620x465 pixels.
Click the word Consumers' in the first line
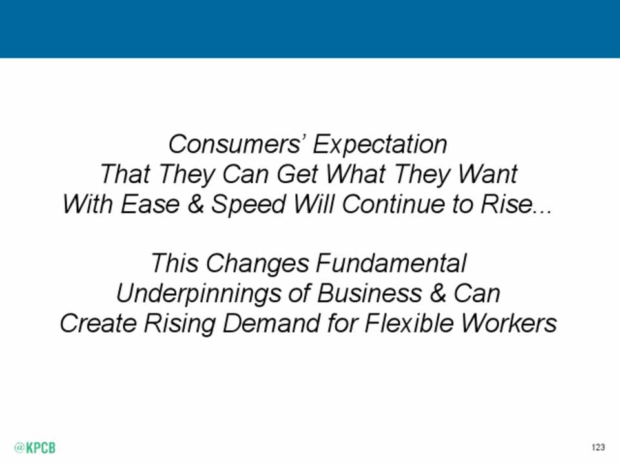(x=236, y=144)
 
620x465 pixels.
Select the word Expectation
(x=380, y=145)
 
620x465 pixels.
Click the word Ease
(x=150, y=204)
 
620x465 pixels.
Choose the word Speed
(x=249, y=205)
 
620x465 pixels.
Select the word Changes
(x=256, y=263)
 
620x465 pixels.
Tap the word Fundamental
(x=391, y=263)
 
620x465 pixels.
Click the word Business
(x=369, y=293)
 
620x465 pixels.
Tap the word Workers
(x=510, y=323)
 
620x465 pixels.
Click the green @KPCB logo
(x=35, y=448)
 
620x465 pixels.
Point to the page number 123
(x=598, y=447)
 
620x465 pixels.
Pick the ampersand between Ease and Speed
(x=196, y=204)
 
